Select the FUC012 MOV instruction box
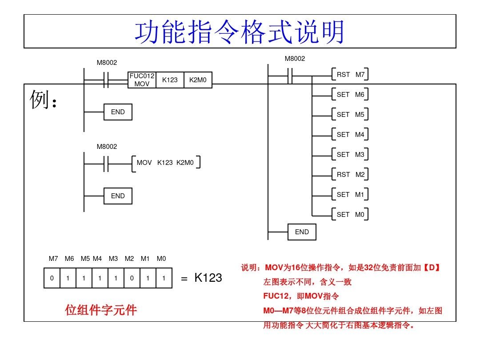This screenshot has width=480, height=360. (142, 80)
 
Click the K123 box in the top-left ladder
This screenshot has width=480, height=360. (170, 80)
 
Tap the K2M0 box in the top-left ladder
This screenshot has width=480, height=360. (198, 80)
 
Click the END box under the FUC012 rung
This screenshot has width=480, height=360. (118, 112)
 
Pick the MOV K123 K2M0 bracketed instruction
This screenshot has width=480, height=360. (166, 163)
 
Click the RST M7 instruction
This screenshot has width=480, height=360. (350, 75)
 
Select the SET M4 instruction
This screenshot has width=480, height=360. (350, 134)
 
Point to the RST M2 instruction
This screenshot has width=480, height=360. (350, 175)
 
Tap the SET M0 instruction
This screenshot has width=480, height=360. (350, 215)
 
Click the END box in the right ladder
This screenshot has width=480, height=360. (302, 232)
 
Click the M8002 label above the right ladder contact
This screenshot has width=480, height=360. (295, 59)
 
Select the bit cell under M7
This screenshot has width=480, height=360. (52, 278)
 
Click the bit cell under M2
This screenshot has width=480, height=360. (131, 278)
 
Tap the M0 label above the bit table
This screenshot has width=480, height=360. (161, 259)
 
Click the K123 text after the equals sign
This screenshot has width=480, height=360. (208, 278)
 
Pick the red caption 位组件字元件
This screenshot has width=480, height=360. (101, 310)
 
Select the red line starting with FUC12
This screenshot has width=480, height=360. (301, 296)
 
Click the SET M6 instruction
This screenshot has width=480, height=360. (350, 95)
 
